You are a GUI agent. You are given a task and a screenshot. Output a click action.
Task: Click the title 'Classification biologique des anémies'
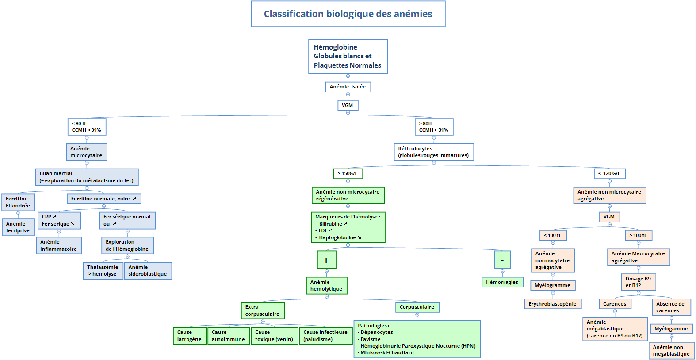coord(348,14)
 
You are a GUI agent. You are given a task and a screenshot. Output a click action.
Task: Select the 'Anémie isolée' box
coord(348,87)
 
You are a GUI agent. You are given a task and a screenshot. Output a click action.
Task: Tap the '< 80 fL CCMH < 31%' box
coord(87,127)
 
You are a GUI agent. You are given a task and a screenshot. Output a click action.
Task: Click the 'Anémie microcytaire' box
coord(87,152)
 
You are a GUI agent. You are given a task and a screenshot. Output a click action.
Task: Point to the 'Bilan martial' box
coord(87,177)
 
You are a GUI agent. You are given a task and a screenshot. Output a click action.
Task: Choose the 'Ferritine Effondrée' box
coord(18,202)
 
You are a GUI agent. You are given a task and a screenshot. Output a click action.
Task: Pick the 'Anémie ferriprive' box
coord(18,227)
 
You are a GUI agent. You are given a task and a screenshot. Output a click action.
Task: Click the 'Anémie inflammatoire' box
coord(59,245)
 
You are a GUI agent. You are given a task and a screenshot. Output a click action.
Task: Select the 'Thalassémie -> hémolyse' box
coord(103,271)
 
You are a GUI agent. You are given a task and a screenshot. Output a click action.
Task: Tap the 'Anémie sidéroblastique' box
coord(148,271)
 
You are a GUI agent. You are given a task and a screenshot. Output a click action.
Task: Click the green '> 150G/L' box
coord(348,174)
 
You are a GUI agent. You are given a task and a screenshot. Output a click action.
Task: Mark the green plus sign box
coord(326,260)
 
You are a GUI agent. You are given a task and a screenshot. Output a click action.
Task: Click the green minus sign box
coord(502,260)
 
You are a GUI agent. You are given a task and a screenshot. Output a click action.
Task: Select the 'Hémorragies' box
coord(502,282)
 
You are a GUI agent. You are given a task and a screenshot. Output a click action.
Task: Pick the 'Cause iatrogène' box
coord(189,336)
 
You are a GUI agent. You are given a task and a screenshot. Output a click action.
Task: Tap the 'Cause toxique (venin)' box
coord(274,336)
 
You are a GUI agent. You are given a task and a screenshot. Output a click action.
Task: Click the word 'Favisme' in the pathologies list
coord(371,339)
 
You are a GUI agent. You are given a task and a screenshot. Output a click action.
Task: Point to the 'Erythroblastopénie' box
coord(552,304)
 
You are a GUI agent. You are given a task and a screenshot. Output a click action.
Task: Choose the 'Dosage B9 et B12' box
coord(638,282)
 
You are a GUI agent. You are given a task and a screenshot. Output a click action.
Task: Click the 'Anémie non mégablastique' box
coord(671,351)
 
